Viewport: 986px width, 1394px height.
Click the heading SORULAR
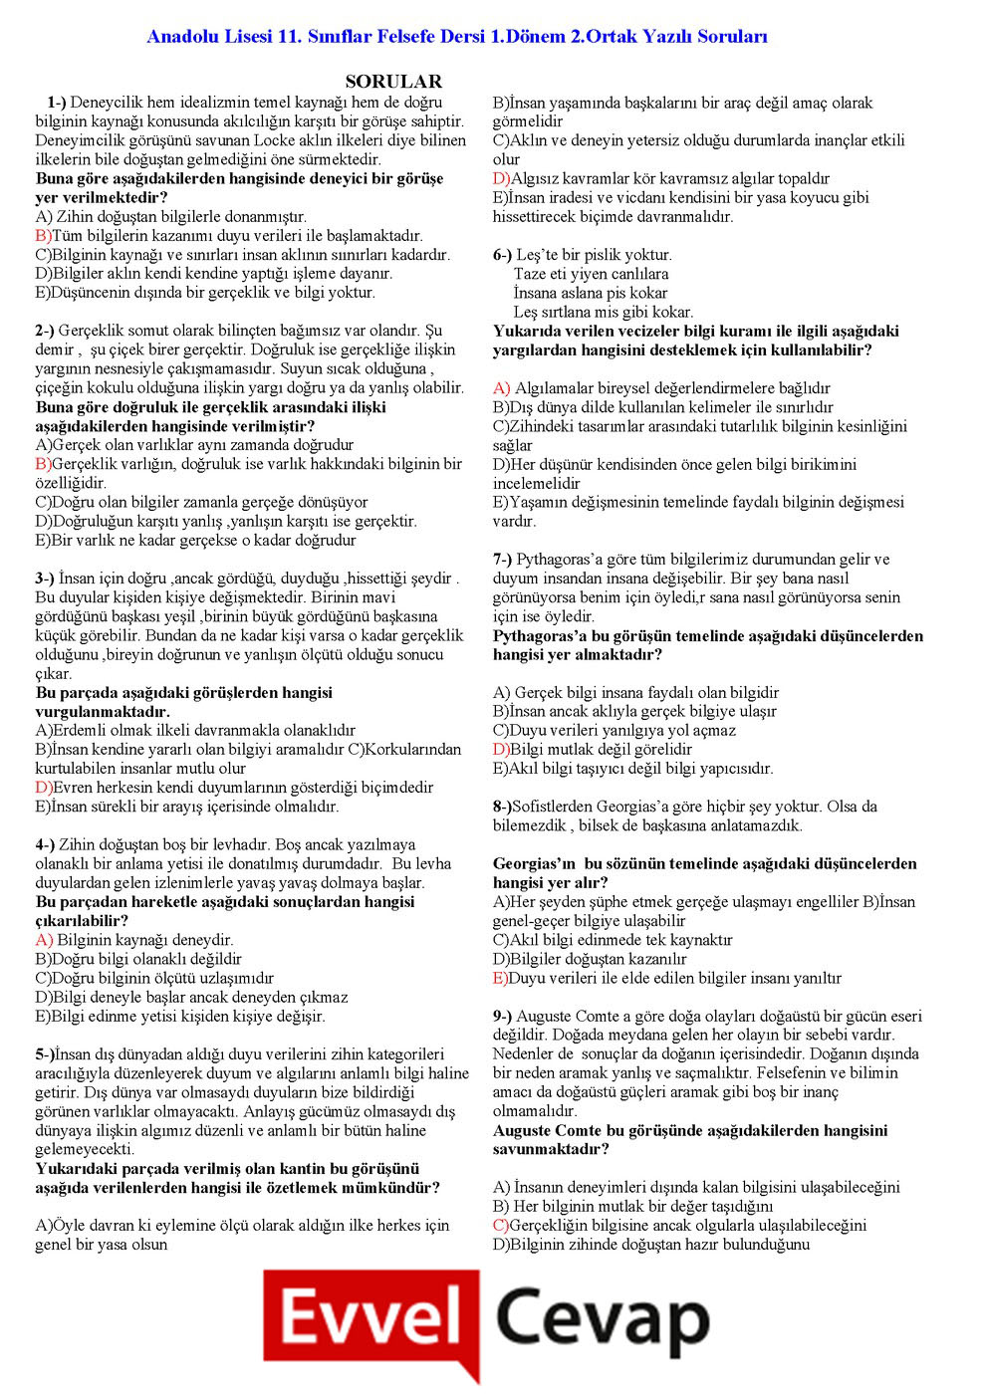(393, 82)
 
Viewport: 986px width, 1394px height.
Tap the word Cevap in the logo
(602, 1320)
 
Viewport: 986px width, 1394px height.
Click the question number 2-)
(45, 331)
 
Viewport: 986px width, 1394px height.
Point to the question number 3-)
(45, 579)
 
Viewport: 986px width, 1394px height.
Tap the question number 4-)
(45, 845)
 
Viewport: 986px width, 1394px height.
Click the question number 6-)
(503, 255)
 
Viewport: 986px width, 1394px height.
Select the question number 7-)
(503, 560)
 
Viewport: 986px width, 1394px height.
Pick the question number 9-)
(503, 1017)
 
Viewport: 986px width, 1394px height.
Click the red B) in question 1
(43, 236)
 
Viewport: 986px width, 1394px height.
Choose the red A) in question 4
(44, 940)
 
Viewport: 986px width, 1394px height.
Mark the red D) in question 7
(501, 750)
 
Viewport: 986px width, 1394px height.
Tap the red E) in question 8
(500, 979)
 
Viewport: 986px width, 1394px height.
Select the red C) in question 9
(501, 1226)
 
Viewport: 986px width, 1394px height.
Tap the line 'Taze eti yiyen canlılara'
(591, 274)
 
